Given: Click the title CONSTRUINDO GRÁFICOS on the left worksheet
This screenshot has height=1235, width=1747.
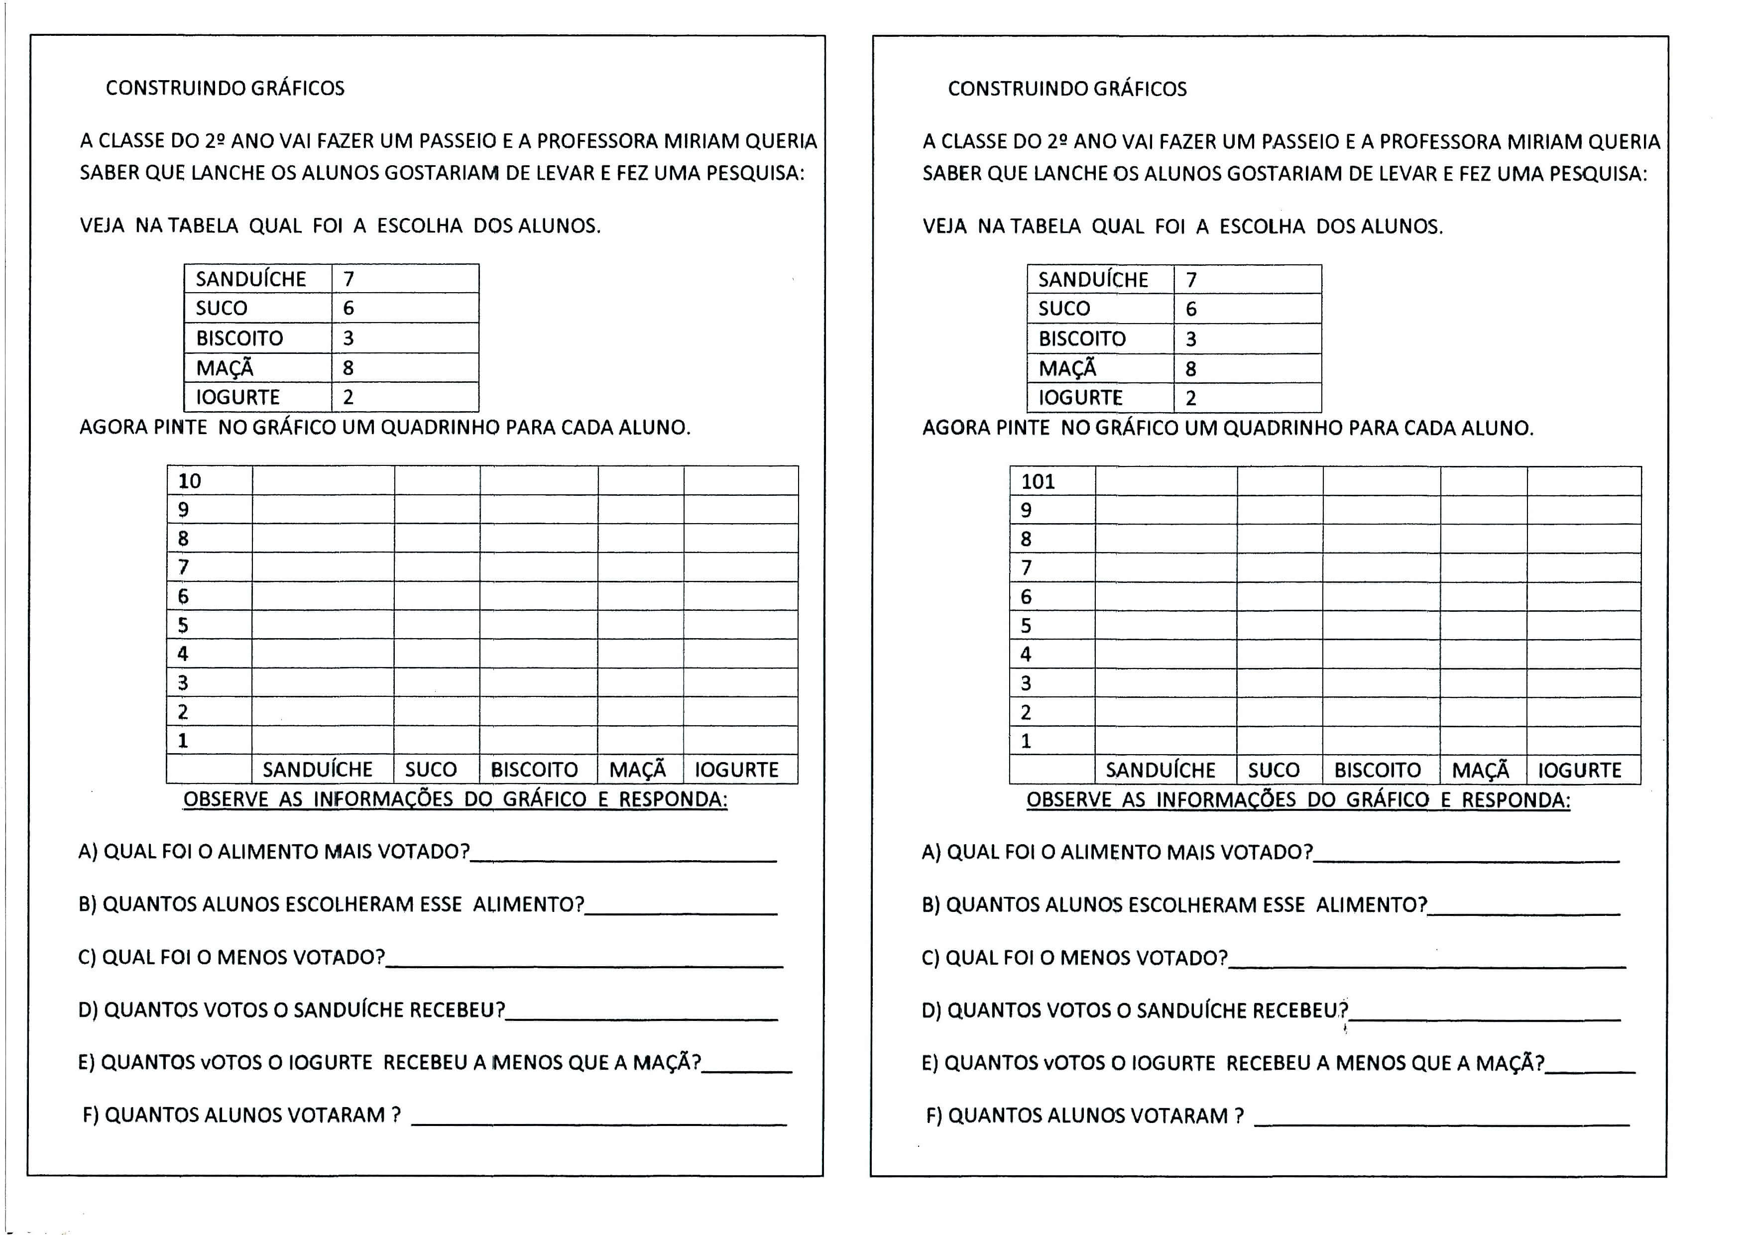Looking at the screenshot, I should tap(225, 88).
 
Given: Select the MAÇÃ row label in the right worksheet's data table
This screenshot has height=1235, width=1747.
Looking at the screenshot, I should tap(1067, 368).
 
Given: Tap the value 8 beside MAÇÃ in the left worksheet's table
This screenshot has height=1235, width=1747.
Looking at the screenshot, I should tap(349, 368).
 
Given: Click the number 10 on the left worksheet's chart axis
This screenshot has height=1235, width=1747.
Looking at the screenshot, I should tap(190, 481).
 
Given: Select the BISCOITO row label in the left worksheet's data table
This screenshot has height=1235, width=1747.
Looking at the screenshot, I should tap(239, 338).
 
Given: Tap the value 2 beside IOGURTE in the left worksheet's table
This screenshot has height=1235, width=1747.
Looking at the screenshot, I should tap(349, 397).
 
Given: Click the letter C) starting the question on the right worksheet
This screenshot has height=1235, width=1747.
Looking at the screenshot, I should tap(931, 958).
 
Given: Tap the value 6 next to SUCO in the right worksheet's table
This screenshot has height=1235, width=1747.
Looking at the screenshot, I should tap(1191, 309).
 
